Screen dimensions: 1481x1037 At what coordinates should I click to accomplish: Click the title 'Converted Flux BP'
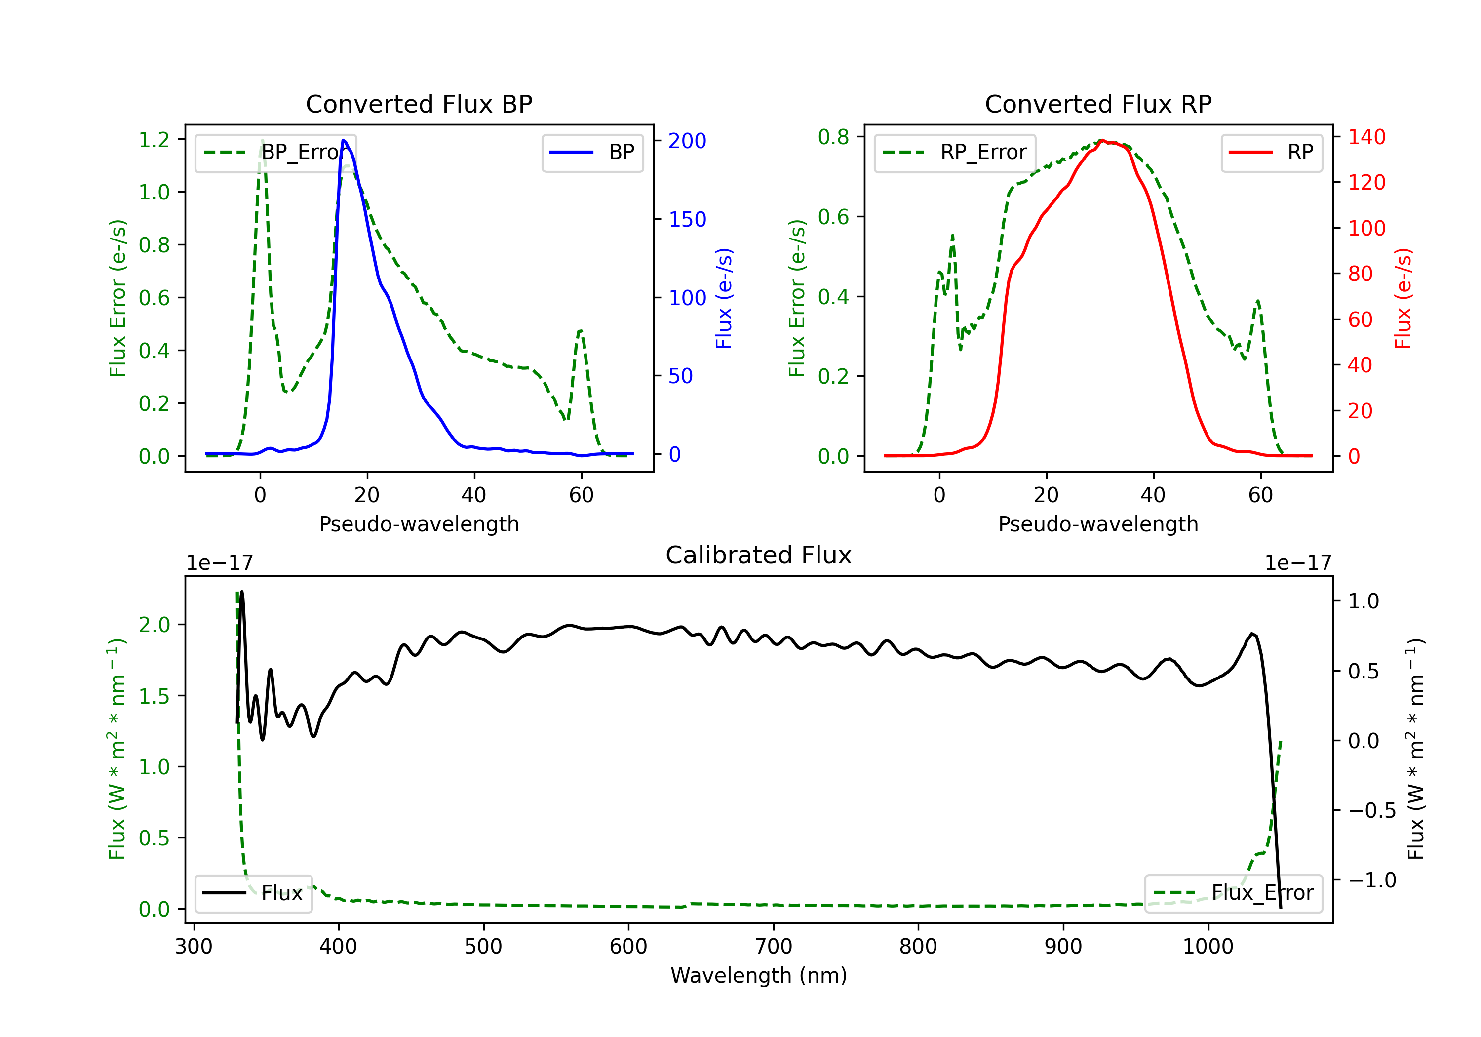[419, 104]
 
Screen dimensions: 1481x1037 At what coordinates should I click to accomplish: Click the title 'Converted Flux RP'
[1098, 104]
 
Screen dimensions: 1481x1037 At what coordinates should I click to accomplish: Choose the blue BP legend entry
[592, 152]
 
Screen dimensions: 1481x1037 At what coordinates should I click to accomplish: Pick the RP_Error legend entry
[955, 152]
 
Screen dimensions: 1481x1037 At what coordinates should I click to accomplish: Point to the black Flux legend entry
[253, 893]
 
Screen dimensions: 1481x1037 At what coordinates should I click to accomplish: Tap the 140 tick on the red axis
[1366, 137]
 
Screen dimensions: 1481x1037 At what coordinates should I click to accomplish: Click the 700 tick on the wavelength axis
[774, 947]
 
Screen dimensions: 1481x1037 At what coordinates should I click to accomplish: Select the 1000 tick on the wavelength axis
[1208, 947]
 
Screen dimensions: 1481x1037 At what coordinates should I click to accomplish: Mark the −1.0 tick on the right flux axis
[1372, 880]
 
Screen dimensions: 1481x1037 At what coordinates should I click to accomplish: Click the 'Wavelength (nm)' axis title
[759, 975]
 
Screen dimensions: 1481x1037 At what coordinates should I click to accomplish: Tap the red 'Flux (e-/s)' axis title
[1403, 298]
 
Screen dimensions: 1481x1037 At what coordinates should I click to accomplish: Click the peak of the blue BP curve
[343, 140]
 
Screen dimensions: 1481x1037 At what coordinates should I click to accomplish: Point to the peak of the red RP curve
[1102, 140]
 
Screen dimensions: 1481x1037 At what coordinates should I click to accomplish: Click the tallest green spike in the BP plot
[262, 140]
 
